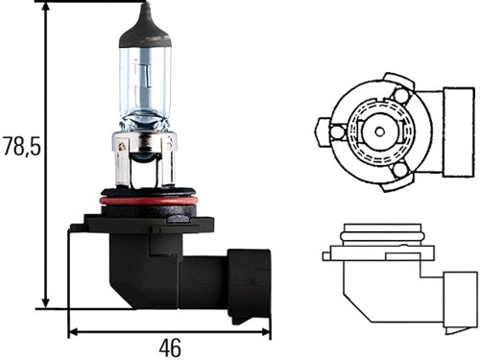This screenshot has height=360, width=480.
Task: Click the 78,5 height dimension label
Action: (x=22, y=147)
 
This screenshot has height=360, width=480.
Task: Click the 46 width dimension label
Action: (x=170, y=348)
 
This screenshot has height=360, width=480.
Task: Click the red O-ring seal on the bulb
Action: (x=149, y=202)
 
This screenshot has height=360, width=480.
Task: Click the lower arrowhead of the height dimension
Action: (x=46, y=303)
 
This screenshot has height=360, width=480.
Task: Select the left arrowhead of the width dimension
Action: (x=74, y=332)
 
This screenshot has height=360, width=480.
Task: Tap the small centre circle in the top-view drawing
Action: (x=380, y=132)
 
